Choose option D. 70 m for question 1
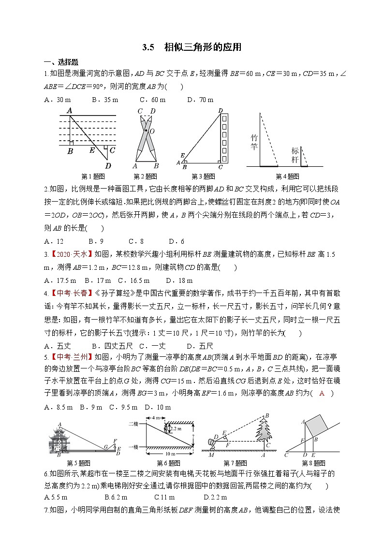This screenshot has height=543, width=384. tap(200, 100)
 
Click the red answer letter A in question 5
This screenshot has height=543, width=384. tap(322, 394)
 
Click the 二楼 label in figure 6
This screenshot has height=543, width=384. tap(133, 423)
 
